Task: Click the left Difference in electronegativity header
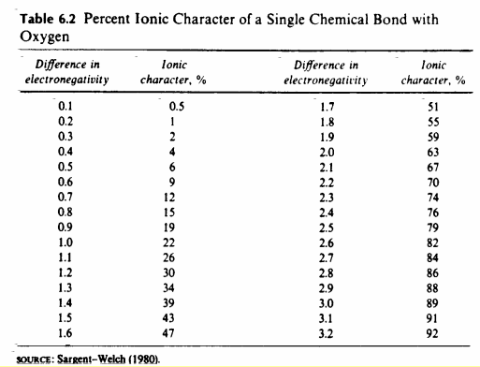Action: click(x=65, y=73)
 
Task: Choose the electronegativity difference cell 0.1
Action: click(x=65, y=108)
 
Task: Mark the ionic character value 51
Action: click(x=432, y=108)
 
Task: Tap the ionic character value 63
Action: click(x=432, y=153)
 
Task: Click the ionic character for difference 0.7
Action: click(x=171, y=197)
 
